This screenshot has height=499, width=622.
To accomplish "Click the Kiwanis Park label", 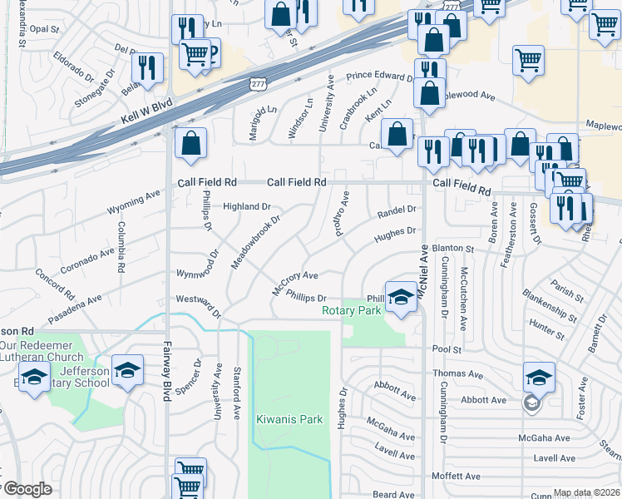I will tap(289, 419).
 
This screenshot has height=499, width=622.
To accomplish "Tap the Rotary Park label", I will tap(352, 310).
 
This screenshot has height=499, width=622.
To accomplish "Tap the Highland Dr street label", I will tap(247, 206).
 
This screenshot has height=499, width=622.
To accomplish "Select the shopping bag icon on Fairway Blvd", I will tap(190, 143).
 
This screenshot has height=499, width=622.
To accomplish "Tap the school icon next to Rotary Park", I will tap(401, 298).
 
